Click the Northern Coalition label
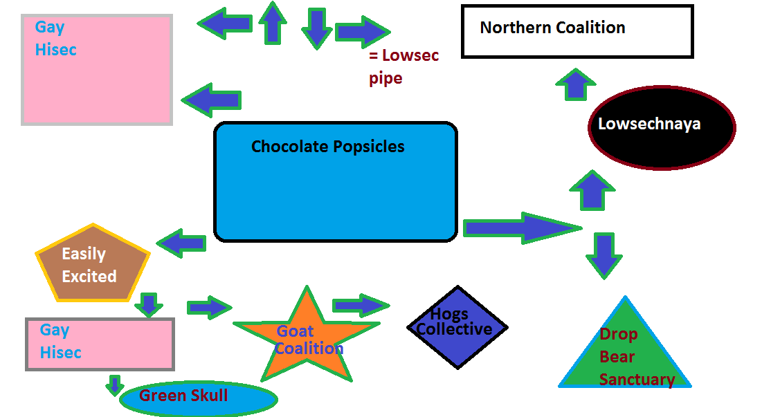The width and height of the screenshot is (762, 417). point(552,28)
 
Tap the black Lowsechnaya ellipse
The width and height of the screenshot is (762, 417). point(661,128)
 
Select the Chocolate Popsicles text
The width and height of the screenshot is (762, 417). point(327,147)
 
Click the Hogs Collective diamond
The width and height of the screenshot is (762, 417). point(456,327)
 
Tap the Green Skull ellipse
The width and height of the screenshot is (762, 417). point(198,398)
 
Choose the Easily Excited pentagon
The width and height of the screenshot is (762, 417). point(91,265)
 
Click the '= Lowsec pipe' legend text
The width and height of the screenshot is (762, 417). point(403,66)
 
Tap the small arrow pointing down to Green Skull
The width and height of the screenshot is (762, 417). point(115,384)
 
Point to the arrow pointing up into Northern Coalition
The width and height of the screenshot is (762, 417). point(574,84)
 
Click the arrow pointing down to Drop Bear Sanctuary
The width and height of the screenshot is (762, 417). point(604,255)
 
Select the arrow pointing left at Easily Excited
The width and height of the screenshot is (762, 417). point(182,243)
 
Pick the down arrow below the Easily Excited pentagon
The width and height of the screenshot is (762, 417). point(148,304)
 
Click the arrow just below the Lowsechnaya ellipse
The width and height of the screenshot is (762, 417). point(591,190)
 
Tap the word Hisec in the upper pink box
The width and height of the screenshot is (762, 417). point(55,50)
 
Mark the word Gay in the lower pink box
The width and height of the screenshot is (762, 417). point(54,330)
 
